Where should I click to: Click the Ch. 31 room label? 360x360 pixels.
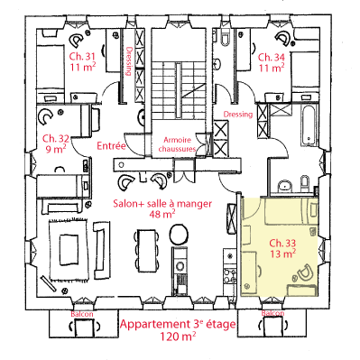(x=83, y=57)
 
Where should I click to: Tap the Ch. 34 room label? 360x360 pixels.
(x=272, y=57)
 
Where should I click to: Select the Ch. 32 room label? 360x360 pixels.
(x=56, y=139)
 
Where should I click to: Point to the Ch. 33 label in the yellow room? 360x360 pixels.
(x=282, y=243)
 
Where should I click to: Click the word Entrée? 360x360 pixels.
(x=111, y=146)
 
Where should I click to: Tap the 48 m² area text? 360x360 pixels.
(x=162, y=214)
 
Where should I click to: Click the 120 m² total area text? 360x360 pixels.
(x=179, y=337)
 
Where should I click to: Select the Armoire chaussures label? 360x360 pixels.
(x=177, y=144)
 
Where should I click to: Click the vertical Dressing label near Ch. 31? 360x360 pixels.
(x=129, y=61)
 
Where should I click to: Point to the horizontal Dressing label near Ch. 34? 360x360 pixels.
(x=238, y=115)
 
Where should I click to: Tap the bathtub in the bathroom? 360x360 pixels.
(x=309, y=125)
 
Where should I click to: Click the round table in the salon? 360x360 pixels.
(x=180, y=235)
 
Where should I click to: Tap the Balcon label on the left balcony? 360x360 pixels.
(x=82, y=314)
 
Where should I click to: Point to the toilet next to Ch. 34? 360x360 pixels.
(x=225, y=37)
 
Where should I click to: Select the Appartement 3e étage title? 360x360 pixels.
(x=178, y=324)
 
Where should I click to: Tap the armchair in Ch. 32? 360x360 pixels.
(x=46, y=116)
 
